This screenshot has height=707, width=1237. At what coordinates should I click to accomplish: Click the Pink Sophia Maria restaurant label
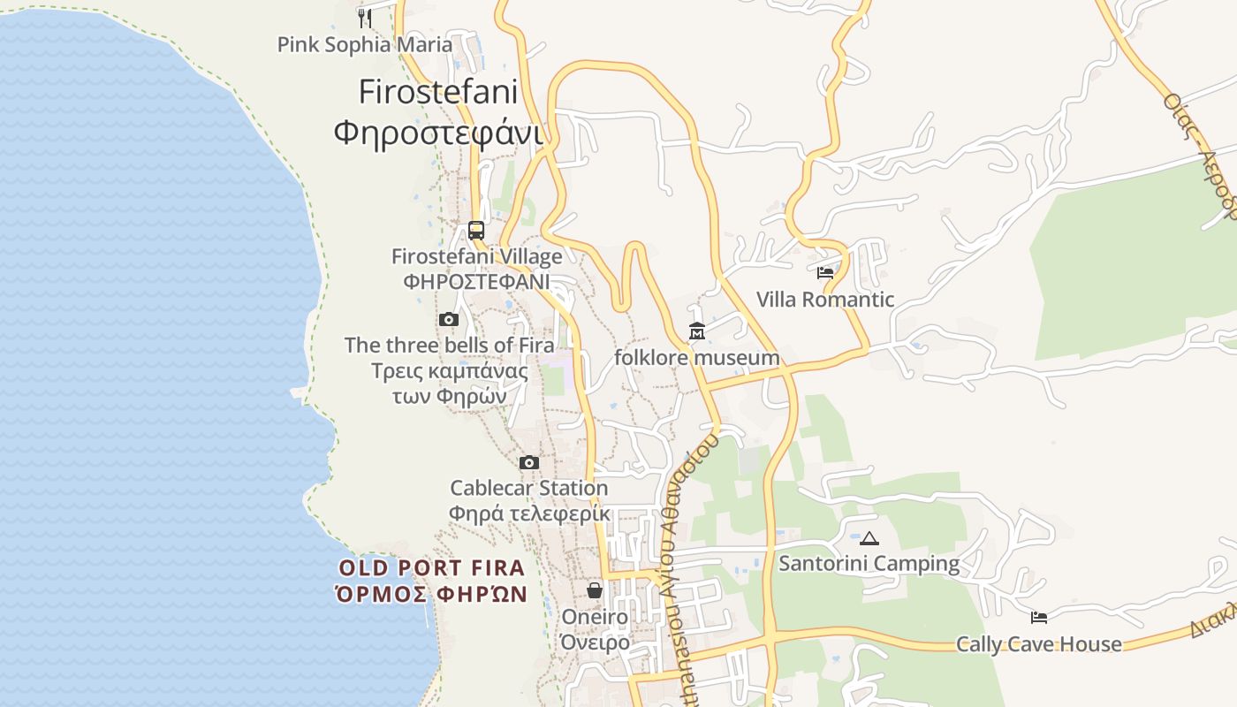tap(364, 44)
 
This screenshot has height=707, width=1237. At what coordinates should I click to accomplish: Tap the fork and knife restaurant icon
tap(364, 17)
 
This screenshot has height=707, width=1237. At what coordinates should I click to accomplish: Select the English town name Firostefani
tap(437, 92)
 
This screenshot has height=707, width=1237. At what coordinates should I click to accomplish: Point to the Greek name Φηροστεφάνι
tap(437, 133)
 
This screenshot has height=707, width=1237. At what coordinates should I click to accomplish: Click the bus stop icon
tap(476, 231)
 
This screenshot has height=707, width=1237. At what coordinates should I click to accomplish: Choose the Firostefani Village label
tap(476, 257)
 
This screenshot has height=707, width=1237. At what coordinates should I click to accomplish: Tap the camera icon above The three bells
tap(449, 320)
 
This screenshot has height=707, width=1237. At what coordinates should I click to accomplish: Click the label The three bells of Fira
tap(449, 345)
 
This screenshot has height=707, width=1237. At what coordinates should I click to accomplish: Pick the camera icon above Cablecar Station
tap(529, 462)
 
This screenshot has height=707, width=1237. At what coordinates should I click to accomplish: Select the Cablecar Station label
tap(529, 488)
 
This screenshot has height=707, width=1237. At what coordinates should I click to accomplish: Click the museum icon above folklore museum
tap(697, 331)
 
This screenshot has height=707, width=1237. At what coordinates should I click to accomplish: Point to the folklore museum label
tap(697, 358)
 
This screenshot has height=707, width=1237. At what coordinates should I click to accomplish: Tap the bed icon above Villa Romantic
tap(825, 273)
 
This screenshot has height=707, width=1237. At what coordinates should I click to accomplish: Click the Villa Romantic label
tap(825, 300)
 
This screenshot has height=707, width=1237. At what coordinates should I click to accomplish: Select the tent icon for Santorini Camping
tap(869, 538)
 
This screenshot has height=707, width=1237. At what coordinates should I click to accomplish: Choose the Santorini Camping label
tap(869, 563)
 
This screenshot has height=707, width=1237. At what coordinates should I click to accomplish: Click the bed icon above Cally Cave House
tap(1039, 618)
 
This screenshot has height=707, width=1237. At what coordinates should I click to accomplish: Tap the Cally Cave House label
tap(1039, 644)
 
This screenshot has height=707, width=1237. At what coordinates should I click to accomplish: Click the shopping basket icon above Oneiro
tap(595, 590)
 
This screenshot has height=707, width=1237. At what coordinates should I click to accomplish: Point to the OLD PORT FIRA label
tap(432, 567)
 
